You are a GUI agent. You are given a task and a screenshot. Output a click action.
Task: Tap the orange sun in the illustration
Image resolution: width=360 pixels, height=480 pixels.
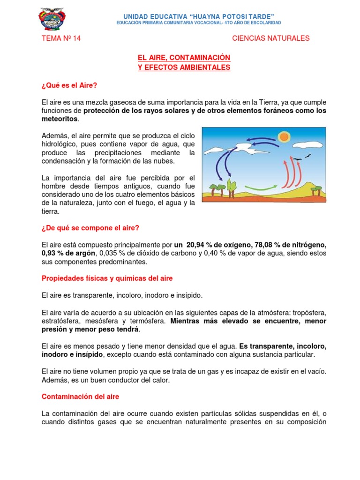point(284,137)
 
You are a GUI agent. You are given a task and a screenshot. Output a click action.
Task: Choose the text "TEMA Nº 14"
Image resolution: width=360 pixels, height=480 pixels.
point(61,38)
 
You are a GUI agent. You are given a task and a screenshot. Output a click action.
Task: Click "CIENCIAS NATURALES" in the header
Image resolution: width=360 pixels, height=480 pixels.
point(271,38)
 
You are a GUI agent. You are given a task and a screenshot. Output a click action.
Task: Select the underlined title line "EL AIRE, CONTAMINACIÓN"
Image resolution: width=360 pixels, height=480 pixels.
point(184,57)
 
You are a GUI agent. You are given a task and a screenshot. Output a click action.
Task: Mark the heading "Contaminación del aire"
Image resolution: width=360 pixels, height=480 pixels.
point(81,397)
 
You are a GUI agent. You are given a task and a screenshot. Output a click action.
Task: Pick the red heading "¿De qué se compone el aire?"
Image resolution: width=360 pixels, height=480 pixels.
point(90,228)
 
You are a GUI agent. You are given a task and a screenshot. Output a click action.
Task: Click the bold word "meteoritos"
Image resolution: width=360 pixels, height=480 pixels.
point(59,119)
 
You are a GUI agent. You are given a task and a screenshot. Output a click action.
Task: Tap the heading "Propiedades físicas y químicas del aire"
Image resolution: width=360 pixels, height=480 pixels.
point(107,278)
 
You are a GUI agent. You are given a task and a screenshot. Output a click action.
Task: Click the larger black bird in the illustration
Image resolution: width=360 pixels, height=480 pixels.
point(296,159)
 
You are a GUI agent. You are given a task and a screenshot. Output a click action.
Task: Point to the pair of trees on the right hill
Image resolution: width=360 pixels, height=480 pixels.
point(317,190)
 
